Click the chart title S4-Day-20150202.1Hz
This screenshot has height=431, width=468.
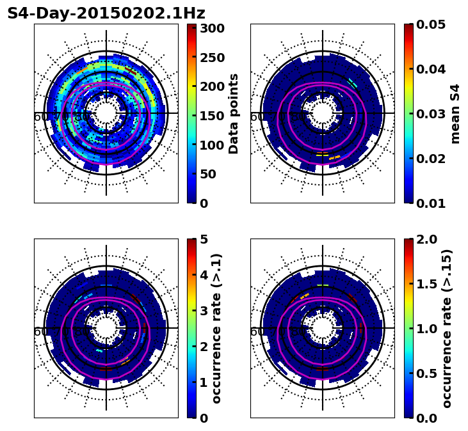click(x=106, y=13)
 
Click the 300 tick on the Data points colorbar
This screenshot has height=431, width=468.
click(x=211, y=28)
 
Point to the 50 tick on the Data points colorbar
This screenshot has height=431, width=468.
click(x=211, y=174)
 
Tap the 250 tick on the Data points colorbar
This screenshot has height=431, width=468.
click(x=211, y=58)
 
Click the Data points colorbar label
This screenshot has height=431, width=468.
click(x=234, y=113)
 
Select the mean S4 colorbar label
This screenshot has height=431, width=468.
click(x=455, y=113)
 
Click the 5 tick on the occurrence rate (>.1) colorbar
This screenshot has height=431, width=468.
click(x=204, y=239)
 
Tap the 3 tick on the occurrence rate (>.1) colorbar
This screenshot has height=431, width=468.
click(x=204, y=311)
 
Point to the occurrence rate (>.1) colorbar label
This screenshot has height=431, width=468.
click(x=217, y=328)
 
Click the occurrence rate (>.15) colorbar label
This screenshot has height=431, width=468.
click(x=448, y=328)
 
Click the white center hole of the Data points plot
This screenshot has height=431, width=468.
click(x=106, y=113)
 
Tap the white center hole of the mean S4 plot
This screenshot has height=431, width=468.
click(x=323, y=113)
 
